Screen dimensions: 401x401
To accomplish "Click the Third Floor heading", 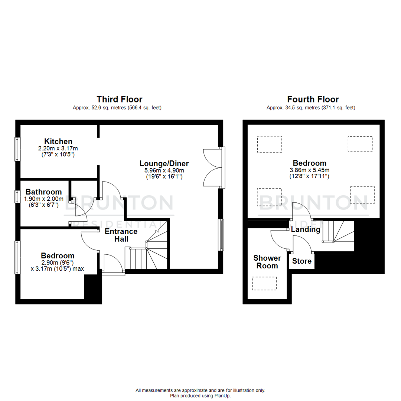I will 119,99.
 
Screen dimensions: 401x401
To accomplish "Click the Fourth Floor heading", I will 313,99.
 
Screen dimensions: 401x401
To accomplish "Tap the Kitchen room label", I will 58,141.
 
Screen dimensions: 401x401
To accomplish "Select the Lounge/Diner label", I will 164,163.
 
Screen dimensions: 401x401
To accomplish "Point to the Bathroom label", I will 43,192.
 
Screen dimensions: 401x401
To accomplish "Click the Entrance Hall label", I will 116,235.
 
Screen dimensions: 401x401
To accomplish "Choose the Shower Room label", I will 267,262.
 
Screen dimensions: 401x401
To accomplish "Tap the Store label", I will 301,261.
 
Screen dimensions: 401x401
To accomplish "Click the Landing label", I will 306,229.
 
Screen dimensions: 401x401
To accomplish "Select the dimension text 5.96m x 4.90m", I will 164,170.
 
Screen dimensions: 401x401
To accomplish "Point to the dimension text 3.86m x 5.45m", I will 309,170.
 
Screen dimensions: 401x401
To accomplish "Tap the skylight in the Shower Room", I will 264,283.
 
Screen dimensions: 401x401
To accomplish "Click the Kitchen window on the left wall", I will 17,149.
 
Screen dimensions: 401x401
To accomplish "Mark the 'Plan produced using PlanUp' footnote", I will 200,396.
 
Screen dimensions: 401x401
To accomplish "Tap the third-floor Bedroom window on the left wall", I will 17,257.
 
